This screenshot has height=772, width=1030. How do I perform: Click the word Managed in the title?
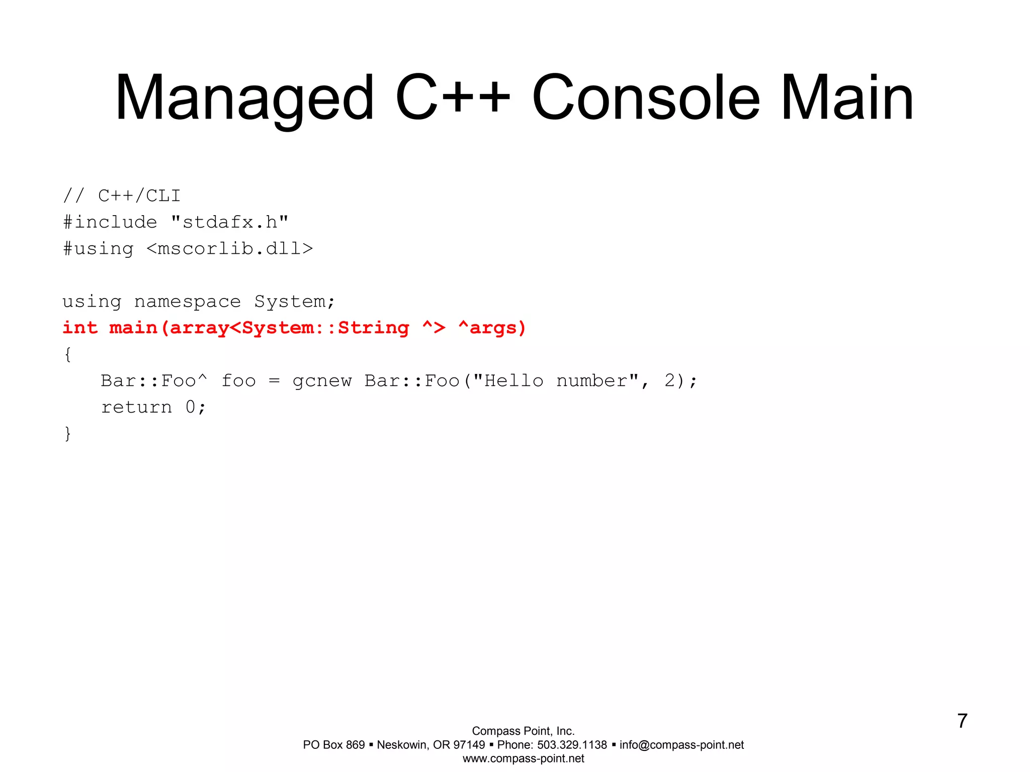(x=245, y=99)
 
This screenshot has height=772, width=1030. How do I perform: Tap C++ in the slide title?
(x=453, y=98)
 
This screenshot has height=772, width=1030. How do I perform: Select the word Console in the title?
(x=646, y=98)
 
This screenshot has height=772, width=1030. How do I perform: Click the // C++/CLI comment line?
(x=122, y=196)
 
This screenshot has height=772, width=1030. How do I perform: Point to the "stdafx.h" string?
(x=230, y=222)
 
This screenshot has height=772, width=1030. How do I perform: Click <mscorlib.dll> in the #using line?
(x=230, y=248)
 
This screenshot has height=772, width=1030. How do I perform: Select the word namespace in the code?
(x=188, y=302)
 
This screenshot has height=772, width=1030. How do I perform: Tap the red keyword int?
(x=80, y=328)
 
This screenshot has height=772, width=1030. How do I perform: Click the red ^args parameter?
(x=492, y=328)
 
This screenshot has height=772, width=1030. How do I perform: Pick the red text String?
(x=373, y=328)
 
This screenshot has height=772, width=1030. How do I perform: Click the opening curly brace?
(x=68, y=354)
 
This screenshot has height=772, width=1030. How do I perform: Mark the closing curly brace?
(x=68, y=433)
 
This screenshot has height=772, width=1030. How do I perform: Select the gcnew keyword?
(x=322, y=381)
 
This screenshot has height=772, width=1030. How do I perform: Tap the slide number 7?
(x=962, y=721)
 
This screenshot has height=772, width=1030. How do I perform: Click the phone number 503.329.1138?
(x=572, y=745)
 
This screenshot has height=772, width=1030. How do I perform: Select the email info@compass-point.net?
(x=681, y=745)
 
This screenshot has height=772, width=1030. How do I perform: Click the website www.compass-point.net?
(x=523, y=758)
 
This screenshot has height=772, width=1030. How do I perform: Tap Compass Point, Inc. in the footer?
(x=523, y=731)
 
